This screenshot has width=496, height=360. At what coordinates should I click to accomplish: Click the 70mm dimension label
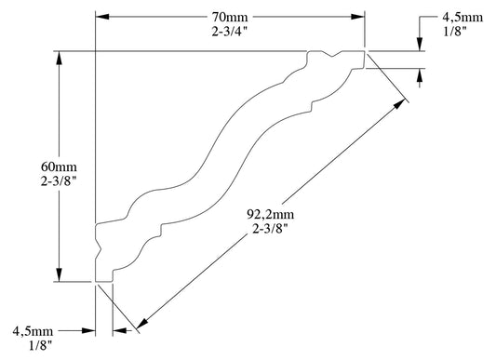coord(228,16)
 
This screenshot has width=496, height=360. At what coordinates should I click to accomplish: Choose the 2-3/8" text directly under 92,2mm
coord(270,229)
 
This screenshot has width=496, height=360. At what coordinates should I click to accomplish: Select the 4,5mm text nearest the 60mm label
coord(34,328)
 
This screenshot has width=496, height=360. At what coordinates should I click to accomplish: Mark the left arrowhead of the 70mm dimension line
coord(103,17)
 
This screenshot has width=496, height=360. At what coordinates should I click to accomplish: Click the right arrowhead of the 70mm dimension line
coord(357,17)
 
